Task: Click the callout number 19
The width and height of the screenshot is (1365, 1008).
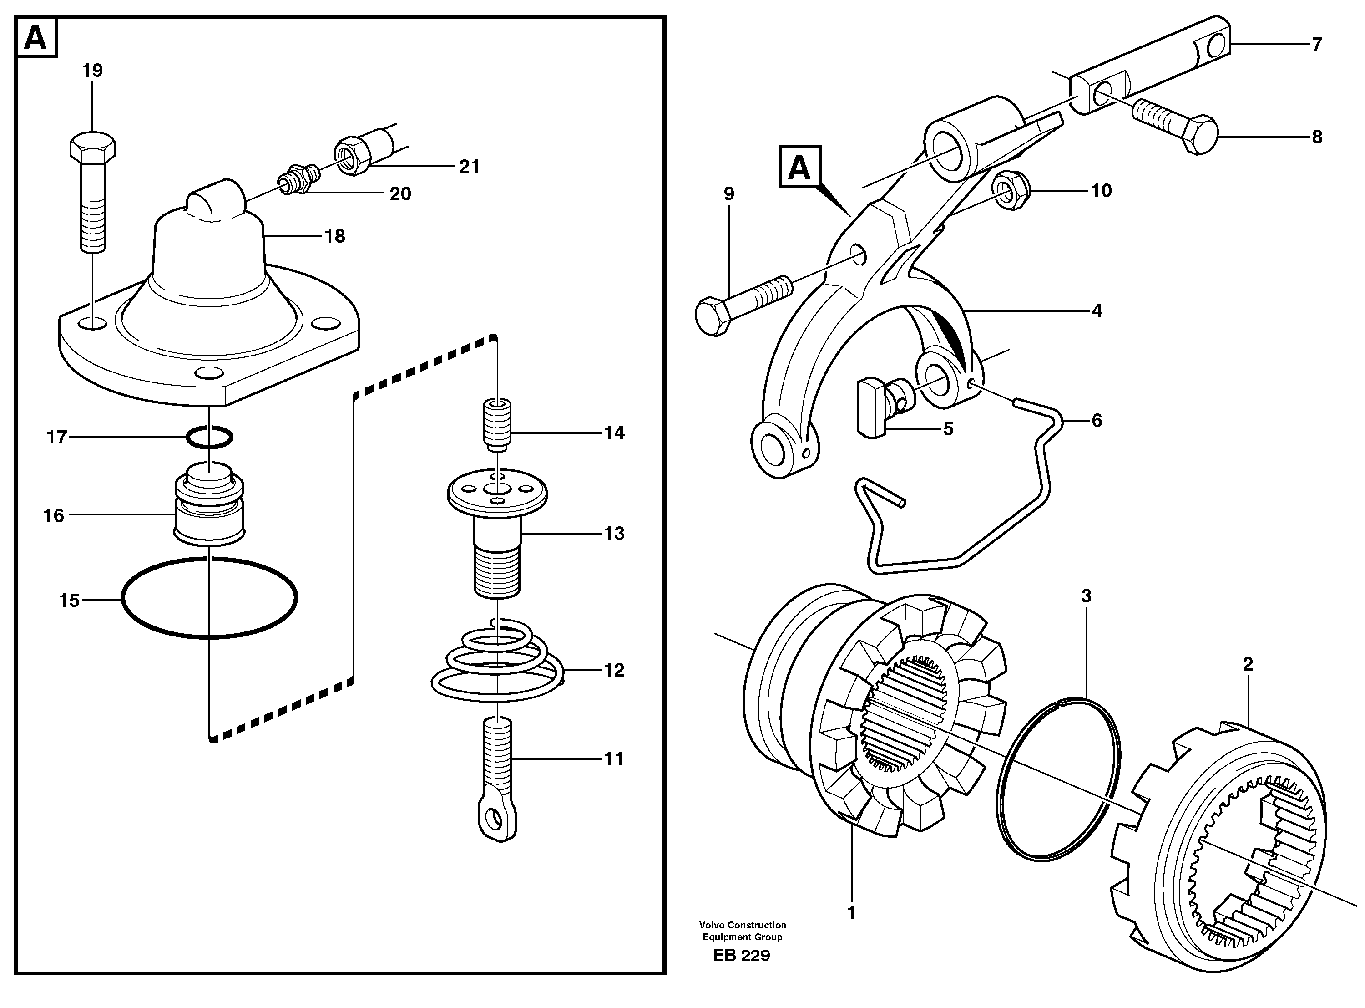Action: click(x=93, y=71)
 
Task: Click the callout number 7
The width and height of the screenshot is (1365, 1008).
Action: click(x=1317, y=45)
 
